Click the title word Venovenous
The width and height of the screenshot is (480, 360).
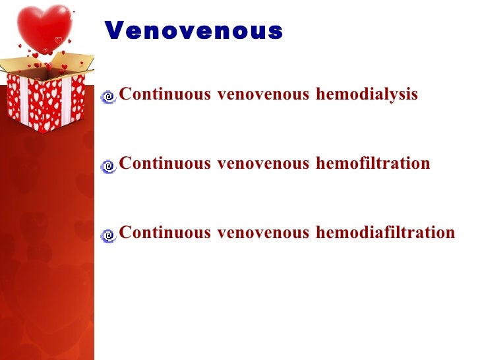point(193,30)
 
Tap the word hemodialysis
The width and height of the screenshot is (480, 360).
point(367,94)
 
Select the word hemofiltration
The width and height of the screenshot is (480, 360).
point(373,163)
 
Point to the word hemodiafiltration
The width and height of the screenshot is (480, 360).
point(385,232)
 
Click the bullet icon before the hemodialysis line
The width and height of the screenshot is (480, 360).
point(109,98)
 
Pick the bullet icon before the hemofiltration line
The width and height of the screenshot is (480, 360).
point(109,166)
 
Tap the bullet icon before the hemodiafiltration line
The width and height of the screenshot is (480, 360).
point(109,235)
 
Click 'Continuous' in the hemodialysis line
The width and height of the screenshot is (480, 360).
point(165,94)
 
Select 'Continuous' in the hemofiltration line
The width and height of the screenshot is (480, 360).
point(165,163)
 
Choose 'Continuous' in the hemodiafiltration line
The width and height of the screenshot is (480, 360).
point(165,232)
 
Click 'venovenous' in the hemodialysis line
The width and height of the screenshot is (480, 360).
point(263,94)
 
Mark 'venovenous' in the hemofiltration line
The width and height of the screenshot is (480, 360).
point(263,163)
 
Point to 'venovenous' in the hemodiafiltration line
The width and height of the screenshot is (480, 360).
point(263,232)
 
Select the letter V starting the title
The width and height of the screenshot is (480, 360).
point(113,30)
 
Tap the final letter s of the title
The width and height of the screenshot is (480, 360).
point(276,31)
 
